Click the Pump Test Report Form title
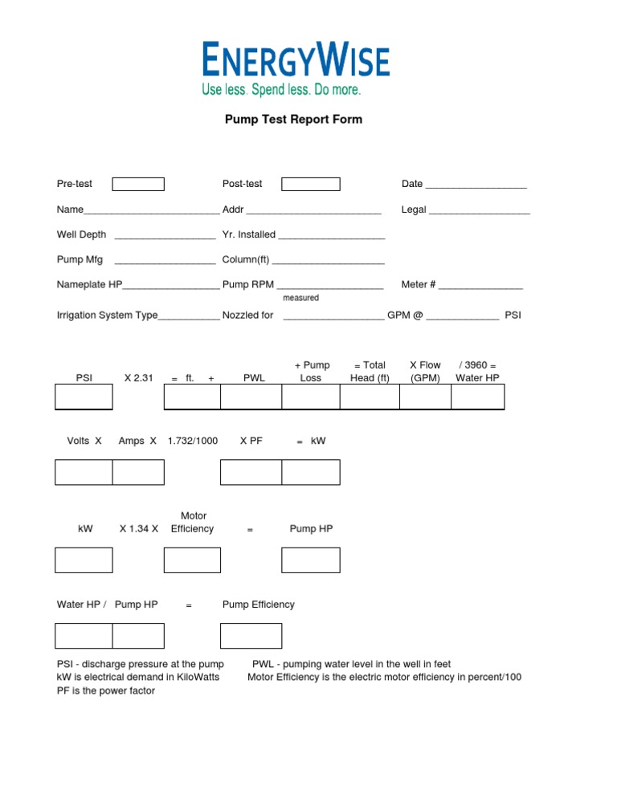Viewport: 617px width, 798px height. (293, 120)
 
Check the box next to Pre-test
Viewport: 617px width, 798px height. (137, 185)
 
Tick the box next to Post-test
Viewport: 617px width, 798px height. (310, 185)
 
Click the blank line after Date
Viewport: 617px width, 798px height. (476, 185)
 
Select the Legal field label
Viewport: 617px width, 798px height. (414, 210)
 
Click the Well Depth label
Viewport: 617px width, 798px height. (81, 235)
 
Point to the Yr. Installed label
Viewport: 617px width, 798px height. (249, 235)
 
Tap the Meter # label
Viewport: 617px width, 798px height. (419, 285)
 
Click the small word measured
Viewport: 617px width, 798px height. (300, 298)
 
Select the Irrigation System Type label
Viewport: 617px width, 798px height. (108, 316)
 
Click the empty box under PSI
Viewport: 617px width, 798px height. (84, 397)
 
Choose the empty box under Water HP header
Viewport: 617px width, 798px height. (477, 397)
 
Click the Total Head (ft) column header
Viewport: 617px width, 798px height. (370, 372)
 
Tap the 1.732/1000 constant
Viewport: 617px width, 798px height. (192, 441)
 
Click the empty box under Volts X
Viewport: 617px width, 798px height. (84, 473)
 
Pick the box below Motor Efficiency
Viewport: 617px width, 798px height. (192, 560)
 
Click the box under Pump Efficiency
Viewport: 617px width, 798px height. (251, 636)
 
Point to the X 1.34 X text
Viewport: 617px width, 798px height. (139, 529)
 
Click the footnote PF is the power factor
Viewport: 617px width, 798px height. (105, 690)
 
